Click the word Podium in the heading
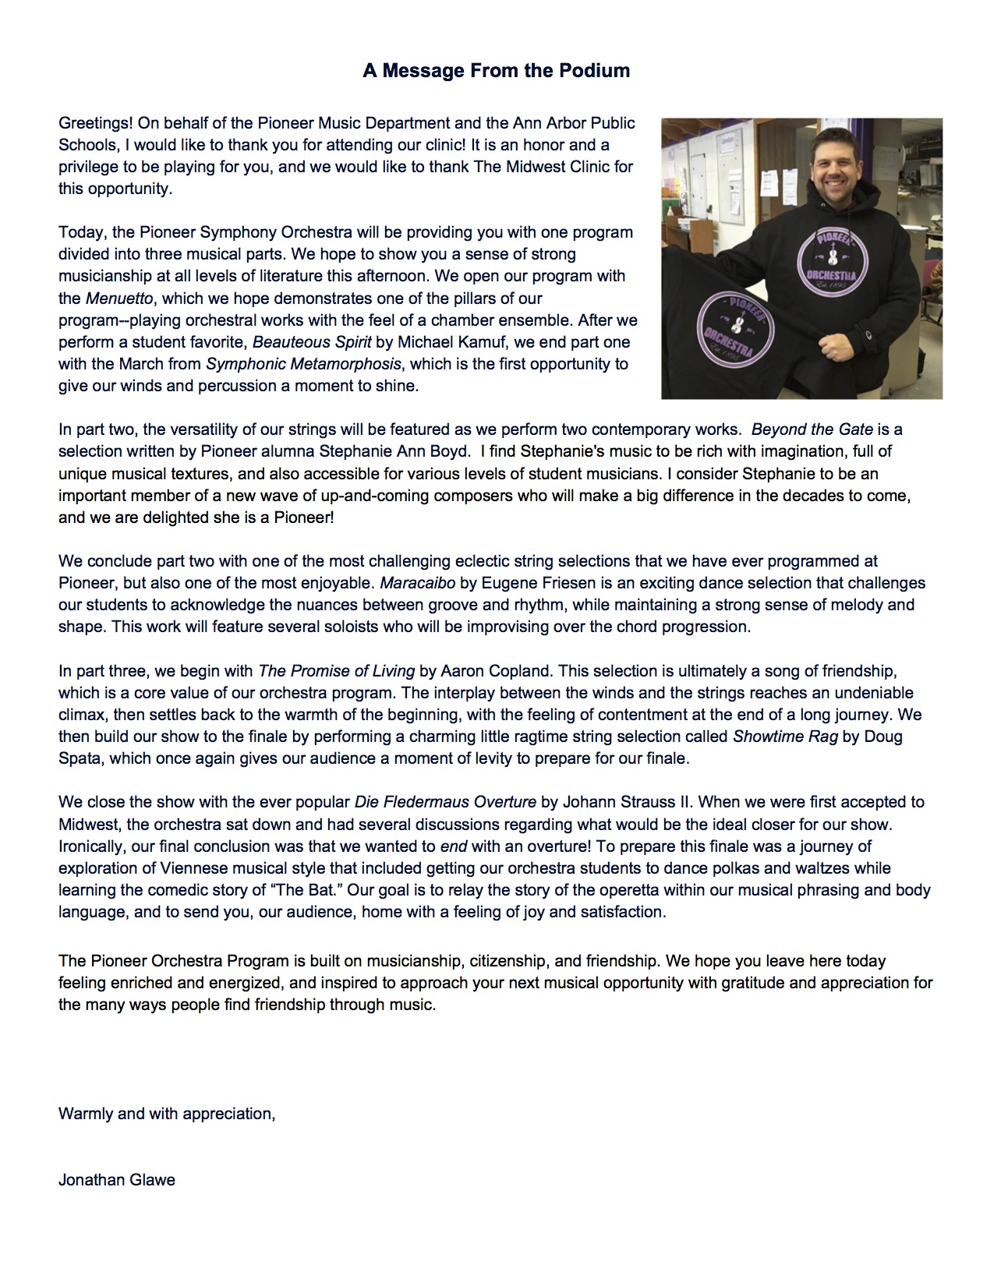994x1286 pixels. point(593,71)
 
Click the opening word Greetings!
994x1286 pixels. point(95,123)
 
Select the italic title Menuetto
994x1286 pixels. point(119,299)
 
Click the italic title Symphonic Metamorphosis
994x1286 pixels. point(303,364)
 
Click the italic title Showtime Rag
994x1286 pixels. point(785,737)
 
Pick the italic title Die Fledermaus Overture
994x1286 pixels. point(445,802)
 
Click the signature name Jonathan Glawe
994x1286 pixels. point(117,1180)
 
